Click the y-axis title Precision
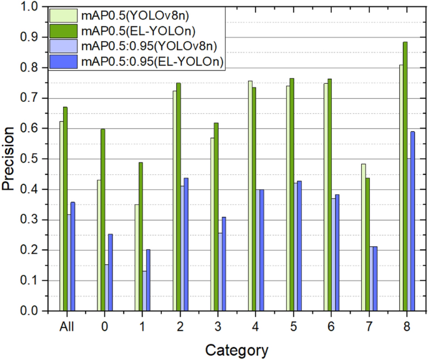(x=8, y=159)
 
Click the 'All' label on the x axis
(x=67, y=326)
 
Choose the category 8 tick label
(x=406, y=326)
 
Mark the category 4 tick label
(x=256, y=326)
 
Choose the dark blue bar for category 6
(x=337, y=252)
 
